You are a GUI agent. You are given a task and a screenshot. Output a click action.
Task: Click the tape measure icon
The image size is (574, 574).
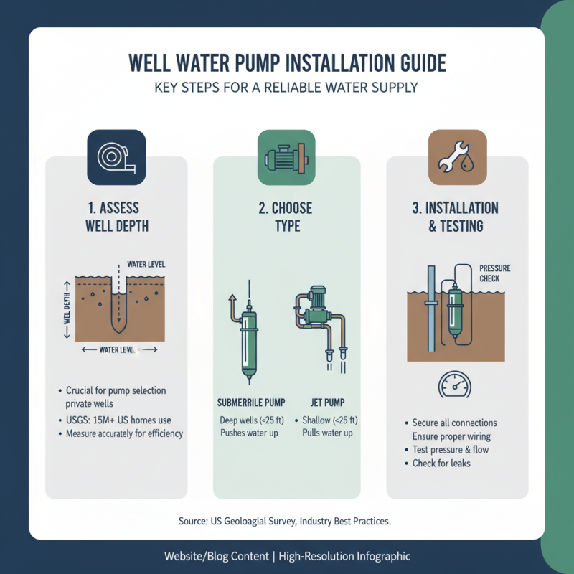(x=116, y=158)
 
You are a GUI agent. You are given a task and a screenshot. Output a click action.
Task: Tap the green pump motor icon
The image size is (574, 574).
(x=286, y=158)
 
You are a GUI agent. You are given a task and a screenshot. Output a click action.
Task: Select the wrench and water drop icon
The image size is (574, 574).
(x=457, y=158)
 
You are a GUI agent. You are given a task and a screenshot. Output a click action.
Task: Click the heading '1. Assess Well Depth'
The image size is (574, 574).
(x=116, y=217)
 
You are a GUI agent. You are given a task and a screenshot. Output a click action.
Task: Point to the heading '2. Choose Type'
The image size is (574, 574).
(x=286, y=217)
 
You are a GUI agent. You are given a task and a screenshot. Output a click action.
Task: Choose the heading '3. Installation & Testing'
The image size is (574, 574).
(x=456, y=217)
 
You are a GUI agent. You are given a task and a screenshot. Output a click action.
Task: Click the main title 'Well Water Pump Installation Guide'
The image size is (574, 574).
(x=287, y=63)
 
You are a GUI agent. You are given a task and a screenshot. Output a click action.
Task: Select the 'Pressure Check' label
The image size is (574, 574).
(x=495, y=273)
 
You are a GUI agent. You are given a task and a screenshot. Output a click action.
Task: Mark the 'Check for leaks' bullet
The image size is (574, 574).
(x=441, y=464)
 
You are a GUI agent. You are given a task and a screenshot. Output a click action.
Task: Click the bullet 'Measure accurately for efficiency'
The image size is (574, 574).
(x=124, y=433)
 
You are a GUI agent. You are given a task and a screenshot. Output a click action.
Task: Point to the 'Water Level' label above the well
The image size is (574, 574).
(x=146, y=264)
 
